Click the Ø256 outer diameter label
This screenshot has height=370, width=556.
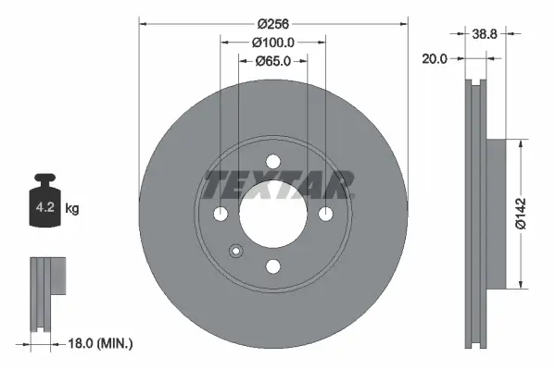point(273,21)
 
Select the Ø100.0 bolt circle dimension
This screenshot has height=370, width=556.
point(273,42)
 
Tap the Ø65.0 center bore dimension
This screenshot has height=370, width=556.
point(273,61)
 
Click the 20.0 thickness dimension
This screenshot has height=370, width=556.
point(435,58)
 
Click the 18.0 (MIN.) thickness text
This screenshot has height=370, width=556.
point(101,344)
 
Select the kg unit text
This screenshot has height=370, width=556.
point(72,209)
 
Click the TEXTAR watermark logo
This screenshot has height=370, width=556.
point(279,184)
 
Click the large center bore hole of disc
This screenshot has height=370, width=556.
point(273,214)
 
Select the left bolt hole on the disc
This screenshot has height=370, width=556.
point(221,214)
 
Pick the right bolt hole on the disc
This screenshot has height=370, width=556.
point(326,214)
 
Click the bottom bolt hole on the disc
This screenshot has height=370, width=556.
point(273,266)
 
